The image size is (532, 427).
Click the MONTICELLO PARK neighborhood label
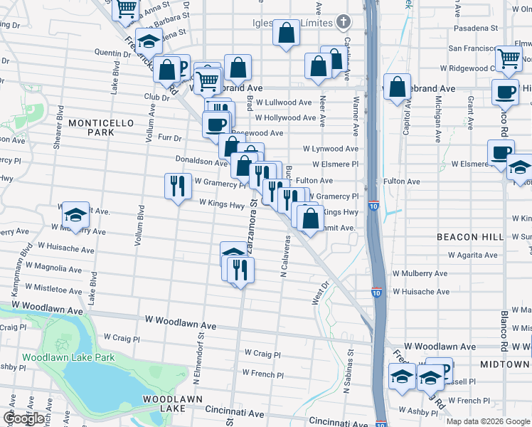pyautogui.click(x=101, y=127)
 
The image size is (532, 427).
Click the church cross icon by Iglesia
pyautogui.click(x=344, y=22)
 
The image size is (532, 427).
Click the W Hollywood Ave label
pyautogui.click(x=284, y=117)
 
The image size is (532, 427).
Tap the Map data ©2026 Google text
pyautogui.click(x=487, y=421)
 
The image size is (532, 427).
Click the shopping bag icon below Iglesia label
pyautogui.click(x=286, y=33)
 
